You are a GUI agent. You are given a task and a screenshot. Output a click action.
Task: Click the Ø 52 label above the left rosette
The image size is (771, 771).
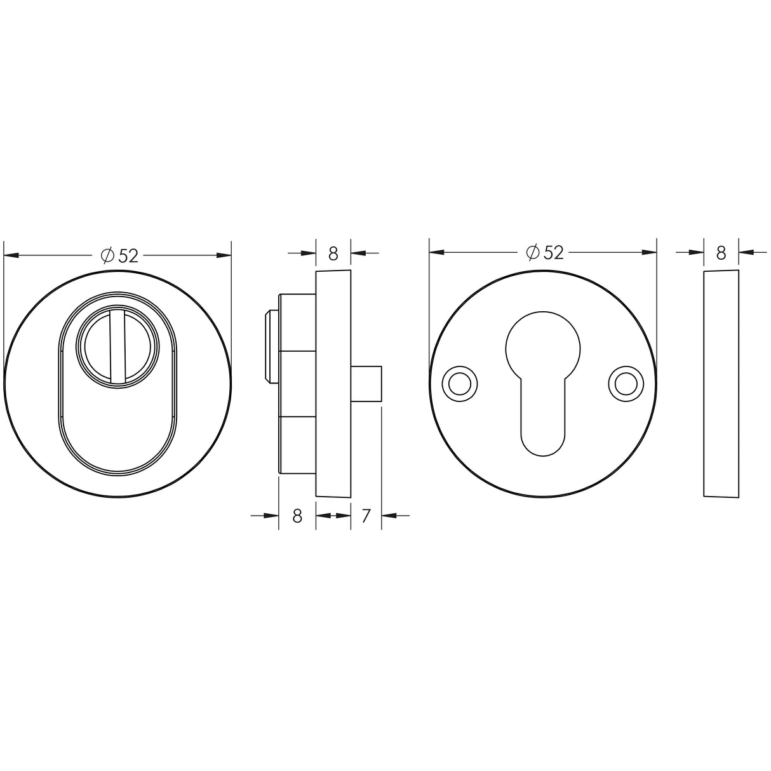point(119,256)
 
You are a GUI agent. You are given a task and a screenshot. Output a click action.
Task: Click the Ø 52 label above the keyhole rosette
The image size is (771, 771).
point(545,253)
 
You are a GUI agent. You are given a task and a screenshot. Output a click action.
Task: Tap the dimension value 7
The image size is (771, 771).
point(365,516)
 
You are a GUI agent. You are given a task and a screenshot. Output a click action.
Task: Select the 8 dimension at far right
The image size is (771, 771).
point(721,253)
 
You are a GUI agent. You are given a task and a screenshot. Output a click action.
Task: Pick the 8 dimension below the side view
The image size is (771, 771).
point(297,516)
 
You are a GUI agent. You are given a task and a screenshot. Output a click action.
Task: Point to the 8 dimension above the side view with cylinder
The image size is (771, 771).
point(333,253)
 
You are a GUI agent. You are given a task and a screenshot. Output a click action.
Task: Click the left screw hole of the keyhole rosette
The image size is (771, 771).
point(459,384)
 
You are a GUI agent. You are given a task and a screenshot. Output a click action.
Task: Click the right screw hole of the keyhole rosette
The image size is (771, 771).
point(626,384)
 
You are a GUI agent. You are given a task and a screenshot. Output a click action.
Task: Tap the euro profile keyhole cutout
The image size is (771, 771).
point(542,384)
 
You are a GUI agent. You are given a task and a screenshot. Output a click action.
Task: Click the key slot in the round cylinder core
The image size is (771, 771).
point(117,346)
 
